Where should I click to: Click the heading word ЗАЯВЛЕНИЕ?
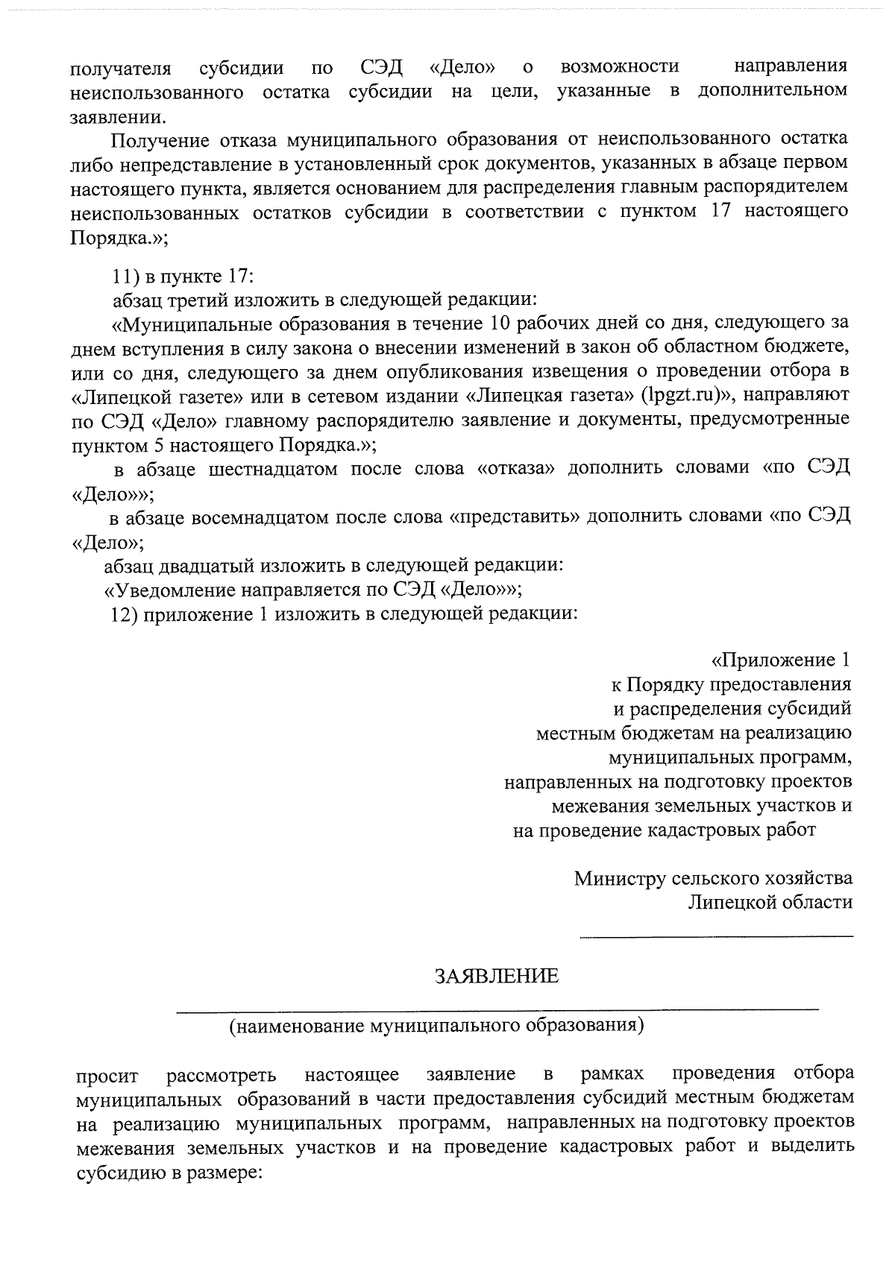pyautogui.click(x=497, y=977)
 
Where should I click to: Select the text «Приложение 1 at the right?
pyautogui.click(x=782, y=660)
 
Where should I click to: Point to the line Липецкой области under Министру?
pyautogui.click(x=770, y=903)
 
